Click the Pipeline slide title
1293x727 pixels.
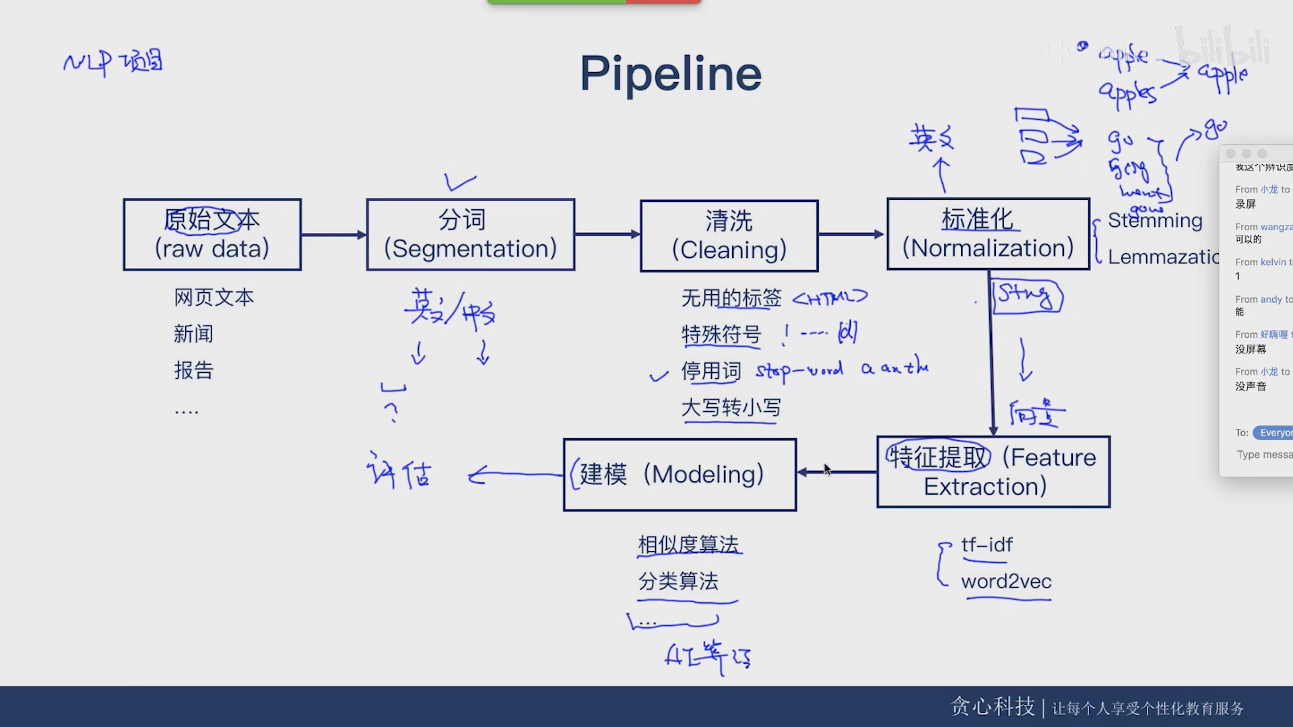(x=670, y=73)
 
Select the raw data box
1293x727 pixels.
(x=212, y=234)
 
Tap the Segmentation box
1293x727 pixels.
(x=470, y=234)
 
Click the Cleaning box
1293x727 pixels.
(x=729, y=236)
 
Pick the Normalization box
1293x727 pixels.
(x=987, y=234)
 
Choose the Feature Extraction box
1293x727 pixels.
(x=993, y=472)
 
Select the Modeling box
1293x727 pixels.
(x=679, y=475)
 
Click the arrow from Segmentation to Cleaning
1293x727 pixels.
(x=607, y=234)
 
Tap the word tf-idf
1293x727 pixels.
(x=987, y=545)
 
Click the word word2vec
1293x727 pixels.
(x=1006, y=582)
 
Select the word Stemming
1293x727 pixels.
(x=1154, y=220)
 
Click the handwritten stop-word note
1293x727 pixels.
(x=799, y=370)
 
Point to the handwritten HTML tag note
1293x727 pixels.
(x=830, y=297)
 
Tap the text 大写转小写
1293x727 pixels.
(x=731, y=407)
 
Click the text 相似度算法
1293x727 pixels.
(x=688, y=545)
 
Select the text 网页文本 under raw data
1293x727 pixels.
(x=213, y=298)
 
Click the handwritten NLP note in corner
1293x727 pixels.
(x=112, y=63)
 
